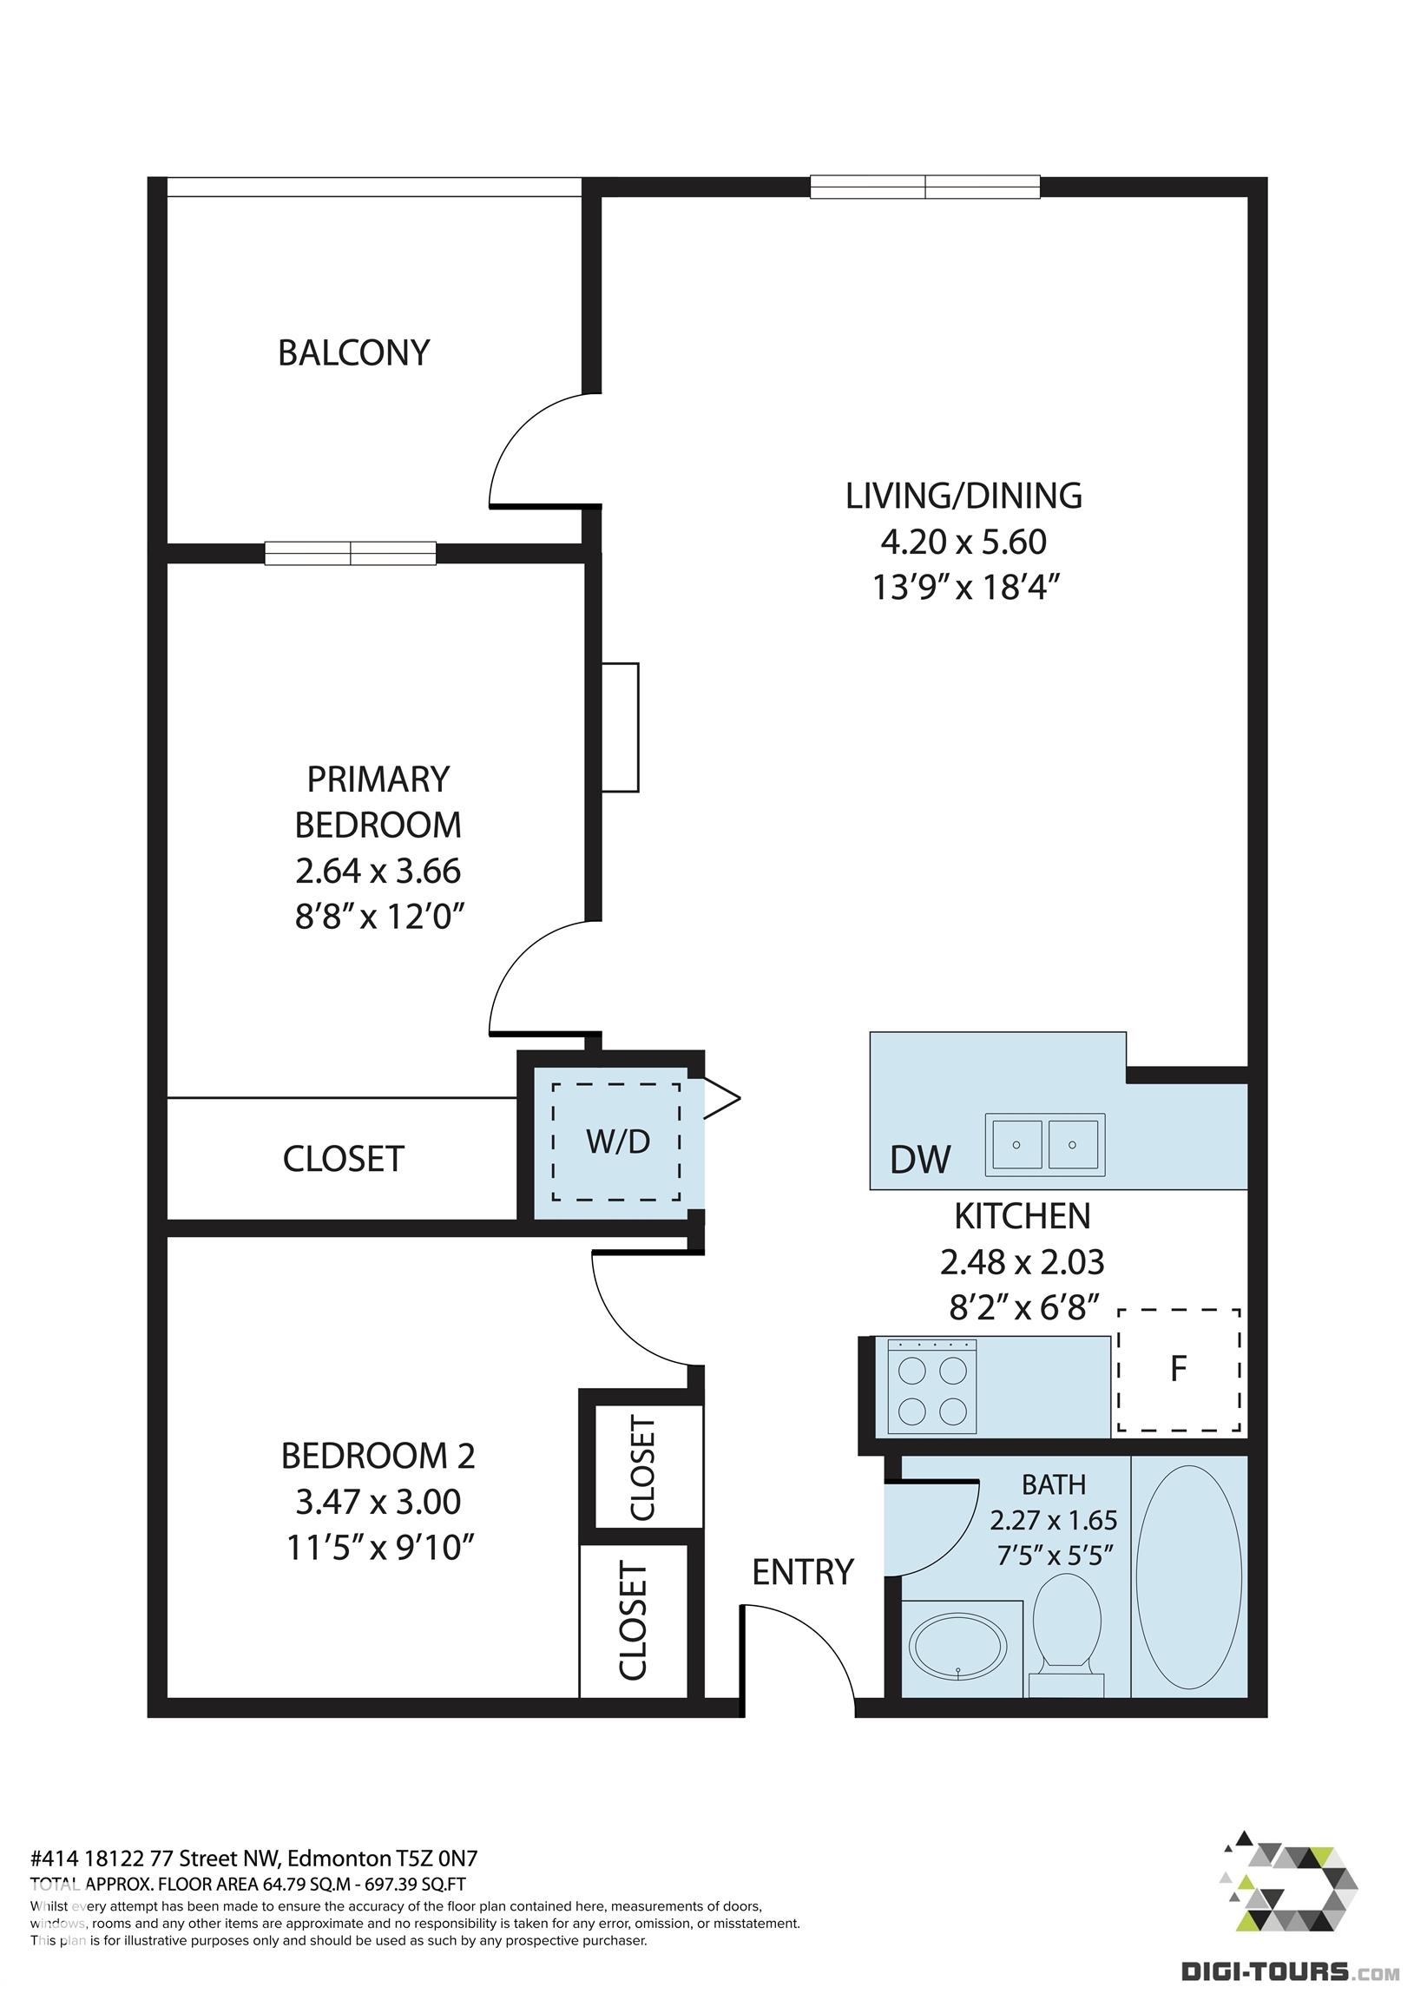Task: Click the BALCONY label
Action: [x=354, y=352]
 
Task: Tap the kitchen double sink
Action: [x=1044, y=1144]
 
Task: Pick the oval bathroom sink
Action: [x=957, y=1648]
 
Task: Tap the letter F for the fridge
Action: [x=1178, y=1369]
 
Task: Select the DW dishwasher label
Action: [x=920, y=1160]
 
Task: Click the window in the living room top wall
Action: [x=924, y=187]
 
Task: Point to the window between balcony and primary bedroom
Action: [x=350, y=553]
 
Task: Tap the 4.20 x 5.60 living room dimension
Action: [x=963, y=542]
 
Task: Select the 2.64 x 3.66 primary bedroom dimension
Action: [x=378, y=871]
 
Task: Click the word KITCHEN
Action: [x=1022, y=1215]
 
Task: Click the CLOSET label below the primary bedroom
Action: [x=343, y=1160]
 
